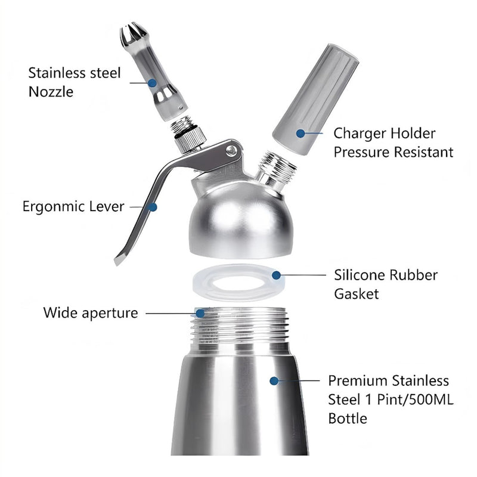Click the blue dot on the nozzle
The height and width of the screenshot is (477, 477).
(152, 83)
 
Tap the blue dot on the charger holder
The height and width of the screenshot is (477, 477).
(301, 133)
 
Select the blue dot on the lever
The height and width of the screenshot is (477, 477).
(153, 207)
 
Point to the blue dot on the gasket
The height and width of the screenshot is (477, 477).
(276, 275)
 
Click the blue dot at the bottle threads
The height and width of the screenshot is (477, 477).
(200, 314)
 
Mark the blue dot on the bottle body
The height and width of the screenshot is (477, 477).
(274, 380)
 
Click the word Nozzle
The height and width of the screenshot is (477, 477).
(51, 92)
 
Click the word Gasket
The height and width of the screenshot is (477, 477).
(356, 294)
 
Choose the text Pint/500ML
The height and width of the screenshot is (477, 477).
(415, 399)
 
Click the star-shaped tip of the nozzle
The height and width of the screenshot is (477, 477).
(133, 35)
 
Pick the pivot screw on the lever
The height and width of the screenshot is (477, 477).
(231, 150)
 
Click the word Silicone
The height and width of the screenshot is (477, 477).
(360, 275)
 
